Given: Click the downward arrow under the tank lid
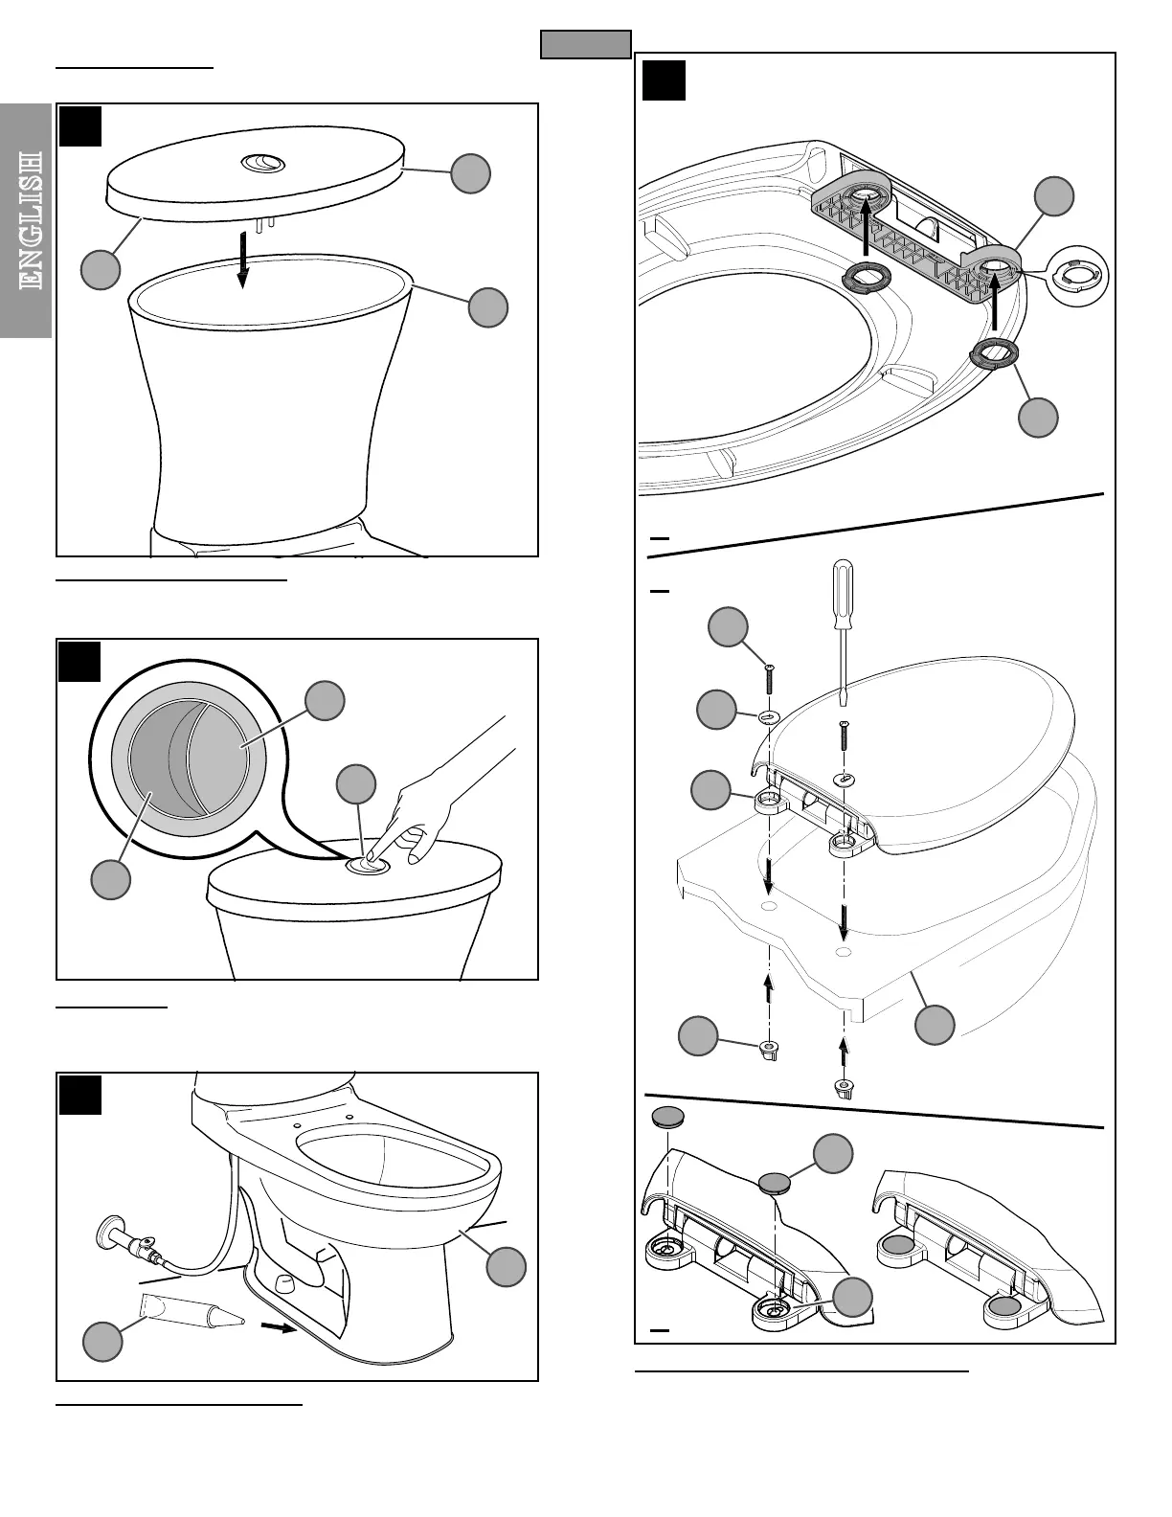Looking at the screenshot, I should click(243, 258).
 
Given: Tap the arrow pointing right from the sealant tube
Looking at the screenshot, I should click(278, 1328).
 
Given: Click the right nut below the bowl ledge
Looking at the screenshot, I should click(844, 1087).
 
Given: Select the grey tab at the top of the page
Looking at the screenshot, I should click(586, 45).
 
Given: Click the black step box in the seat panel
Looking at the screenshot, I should click(664, 80).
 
